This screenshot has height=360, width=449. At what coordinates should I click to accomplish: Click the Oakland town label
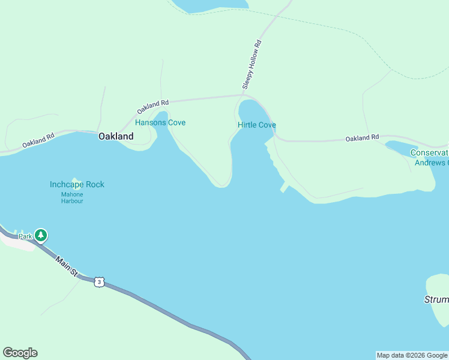click(116, 136)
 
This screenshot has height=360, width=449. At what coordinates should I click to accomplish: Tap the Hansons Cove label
click(160, 122)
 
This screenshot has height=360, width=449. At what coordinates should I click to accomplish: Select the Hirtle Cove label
click(257, 125)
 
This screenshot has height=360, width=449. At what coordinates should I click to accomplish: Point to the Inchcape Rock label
click(77, 184)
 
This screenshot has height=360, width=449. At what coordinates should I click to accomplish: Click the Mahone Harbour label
click(72, 197)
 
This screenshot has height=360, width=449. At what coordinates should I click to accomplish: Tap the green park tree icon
click(41, 235)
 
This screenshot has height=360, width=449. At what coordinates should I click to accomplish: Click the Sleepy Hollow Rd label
click(252, 65)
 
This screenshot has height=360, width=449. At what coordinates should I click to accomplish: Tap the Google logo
click(20, 353)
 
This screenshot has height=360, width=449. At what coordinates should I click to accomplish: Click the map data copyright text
click(412, 355)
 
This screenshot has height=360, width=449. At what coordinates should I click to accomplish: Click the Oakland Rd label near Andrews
click(362, 138)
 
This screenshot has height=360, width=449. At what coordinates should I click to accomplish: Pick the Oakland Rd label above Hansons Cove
click(152, 107)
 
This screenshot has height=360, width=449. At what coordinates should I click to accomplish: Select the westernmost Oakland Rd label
click(38, 140)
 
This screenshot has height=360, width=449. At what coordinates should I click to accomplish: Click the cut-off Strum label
click(436, 299)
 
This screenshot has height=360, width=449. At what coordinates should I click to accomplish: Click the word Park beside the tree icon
click(25, 236)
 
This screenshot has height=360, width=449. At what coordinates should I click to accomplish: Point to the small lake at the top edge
click(210, 5)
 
